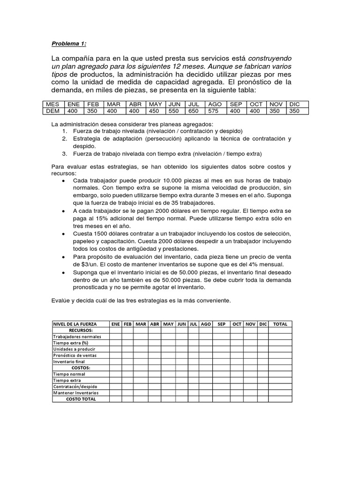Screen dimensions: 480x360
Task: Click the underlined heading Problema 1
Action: (x=69, y=44)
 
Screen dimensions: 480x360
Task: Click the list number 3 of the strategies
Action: (x=64, y=154)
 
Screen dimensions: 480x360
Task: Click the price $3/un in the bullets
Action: (x=84, y=264)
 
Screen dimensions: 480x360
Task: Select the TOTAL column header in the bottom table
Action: (x=280, y=324)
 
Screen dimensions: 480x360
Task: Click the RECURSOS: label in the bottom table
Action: (x=81, y=330)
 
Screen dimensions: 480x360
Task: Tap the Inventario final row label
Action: (x=69, y=361)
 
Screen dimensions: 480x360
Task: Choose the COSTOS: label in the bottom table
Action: (x=81, y=367)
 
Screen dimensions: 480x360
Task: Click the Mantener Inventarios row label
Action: (x=75, y=393)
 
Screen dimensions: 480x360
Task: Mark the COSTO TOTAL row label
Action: (x=81, y=399)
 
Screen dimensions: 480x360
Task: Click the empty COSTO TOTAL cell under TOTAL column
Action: (x=280, y=399)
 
